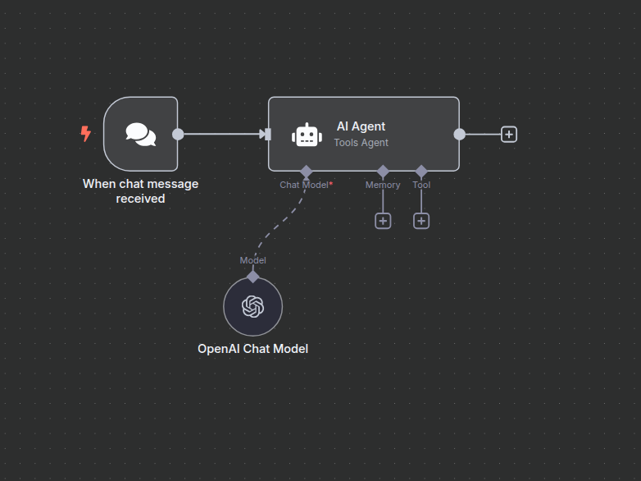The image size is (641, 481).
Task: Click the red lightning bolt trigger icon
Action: [85, 134]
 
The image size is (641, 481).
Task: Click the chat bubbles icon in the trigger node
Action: [140, 134]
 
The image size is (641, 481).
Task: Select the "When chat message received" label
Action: [140, 191]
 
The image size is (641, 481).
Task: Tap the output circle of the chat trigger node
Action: [178, 134]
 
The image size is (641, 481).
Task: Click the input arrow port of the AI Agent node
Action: [265, 134]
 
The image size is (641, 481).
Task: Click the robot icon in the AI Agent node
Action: [307, 135]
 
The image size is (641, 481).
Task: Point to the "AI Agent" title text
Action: [361, 126]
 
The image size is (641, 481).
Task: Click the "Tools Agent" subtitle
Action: [361, 143]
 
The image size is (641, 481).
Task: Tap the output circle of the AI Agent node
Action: [460, 134]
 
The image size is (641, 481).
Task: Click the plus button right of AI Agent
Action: [509, 134]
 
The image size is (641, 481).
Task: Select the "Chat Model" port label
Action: [303, 185]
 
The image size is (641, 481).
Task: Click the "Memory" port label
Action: [383, 185]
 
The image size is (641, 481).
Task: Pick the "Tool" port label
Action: [421, 185]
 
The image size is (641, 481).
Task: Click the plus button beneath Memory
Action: [383, 221]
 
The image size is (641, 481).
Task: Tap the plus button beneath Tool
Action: [421, 221]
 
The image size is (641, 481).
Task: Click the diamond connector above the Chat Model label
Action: [307, 171]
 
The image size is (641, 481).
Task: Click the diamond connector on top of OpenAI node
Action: [253, 277]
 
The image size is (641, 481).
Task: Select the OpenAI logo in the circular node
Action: [253, 307]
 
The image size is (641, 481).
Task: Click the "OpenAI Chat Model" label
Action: [253, 349]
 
